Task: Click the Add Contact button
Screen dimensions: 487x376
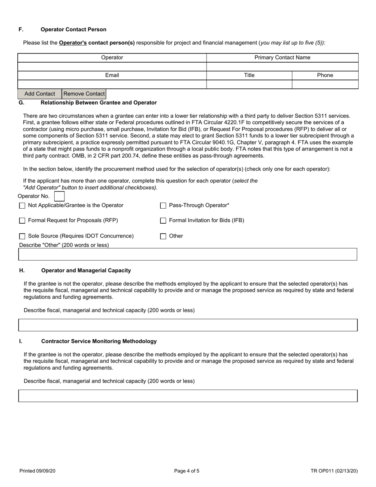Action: [x=40, y=94]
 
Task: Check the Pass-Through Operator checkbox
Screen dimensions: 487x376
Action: [x=163, y=205]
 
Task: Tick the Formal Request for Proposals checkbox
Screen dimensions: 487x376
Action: [x=22, y=221]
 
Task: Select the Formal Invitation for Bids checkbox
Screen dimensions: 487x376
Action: [x=163, y=221]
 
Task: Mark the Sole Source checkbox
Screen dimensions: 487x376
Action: [x=22, y=236]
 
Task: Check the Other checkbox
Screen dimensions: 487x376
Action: [x=163, y=236]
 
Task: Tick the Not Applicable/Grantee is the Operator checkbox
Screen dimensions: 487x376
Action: [x=22, y=205]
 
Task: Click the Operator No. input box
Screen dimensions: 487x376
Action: [x=59, y=196]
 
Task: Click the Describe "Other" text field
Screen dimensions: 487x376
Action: [x=188, y=254]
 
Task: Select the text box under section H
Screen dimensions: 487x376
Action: [x=188, y=325]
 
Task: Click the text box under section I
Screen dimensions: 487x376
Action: [x=188, y=396]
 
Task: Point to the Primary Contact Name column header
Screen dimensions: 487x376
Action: [x=282, y=58]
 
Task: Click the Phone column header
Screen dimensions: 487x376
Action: [x=325, y=75]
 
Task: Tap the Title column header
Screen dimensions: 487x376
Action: [x=249, y=75]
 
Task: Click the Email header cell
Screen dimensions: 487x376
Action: [x=112, y=75]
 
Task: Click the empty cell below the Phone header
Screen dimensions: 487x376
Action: [x=325, y=84]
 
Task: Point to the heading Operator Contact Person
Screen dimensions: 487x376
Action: [x=73, y=30]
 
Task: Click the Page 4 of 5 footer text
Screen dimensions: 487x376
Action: [x=187, y=471]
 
